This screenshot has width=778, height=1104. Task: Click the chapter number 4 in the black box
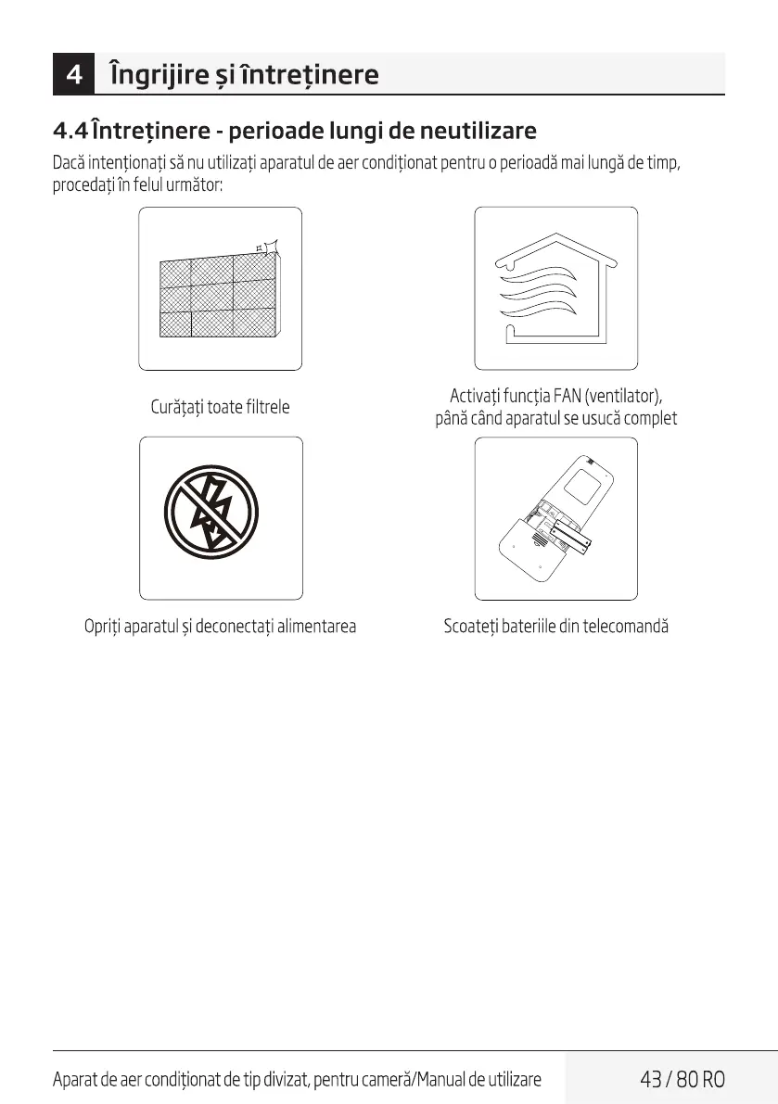coord(74,74)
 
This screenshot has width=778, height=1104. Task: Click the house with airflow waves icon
coord(555,289)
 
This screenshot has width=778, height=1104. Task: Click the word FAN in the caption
coord(566,398)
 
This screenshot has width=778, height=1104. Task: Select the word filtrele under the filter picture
coord(268,407)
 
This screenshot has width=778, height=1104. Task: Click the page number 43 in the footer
coord(653,1080)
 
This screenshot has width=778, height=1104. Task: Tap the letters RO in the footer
coord(713,1080)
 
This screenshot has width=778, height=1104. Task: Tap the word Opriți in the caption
coord(102,627)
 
